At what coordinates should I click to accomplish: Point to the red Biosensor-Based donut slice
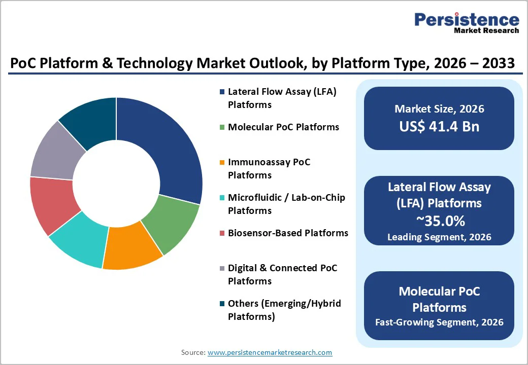(53, 203)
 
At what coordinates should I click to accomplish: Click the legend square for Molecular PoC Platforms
(222, 127)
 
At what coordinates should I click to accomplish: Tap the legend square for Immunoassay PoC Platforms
(222, 163)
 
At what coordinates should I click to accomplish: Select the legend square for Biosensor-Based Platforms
(222, 233)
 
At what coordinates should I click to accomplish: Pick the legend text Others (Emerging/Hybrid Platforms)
(284, 310)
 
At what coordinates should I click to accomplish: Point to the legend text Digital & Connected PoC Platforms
(282, 274)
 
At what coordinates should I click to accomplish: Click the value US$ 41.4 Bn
(439, 126)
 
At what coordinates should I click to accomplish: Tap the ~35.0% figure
(439, 221)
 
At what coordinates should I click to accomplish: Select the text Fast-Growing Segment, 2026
(439, 322)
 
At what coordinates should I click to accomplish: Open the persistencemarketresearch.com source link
(270, 352)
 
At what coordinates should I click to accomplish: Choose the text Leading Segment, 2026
(439, 237)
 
